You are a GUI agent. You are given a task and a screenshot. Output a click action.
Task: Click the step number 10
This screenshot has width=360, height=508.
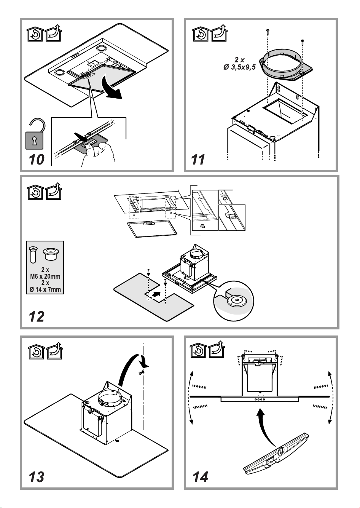pos(37,159)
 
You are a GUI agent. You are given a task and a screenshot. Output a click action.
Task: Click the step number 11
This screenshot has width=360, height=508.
pos(198,159)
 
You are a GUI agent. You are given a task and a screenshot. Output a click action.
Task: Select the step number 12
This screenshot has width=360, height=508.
pos(37,316)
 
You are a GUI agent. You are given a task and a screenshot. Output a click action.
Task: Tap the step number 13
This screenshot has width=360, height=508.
pos(37,476)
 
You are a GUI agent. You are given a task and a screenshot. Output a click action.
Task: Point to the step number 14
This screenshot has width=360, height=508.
pos(200,476)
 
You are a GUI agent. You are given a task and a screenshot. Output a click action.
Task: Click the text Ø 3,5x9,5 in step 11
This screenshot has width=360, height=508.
pos(239,68)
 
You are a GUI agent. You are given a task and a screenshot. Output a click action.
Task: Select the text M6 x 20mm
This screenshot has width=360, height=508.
pos(45,276)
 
